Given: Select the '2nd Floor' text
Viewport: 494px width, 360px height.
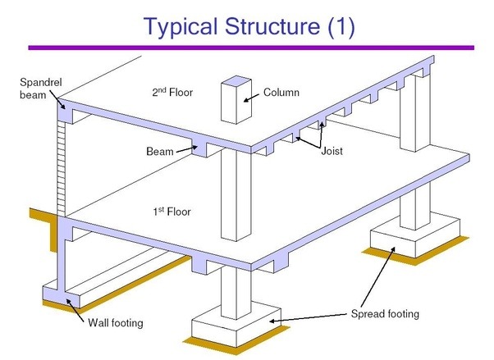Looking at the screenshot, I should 172,91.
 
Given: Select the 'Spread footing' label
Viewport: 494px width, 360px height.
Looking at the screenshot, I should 384,314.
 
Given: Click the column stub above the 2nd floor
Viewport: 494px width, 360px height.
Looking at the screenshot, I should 236,102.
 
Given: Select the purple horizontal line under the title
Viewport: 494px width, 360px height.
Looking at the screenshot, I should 247,48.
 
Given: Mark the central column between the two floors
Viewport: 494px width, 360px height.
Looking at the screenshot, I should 236,197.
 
